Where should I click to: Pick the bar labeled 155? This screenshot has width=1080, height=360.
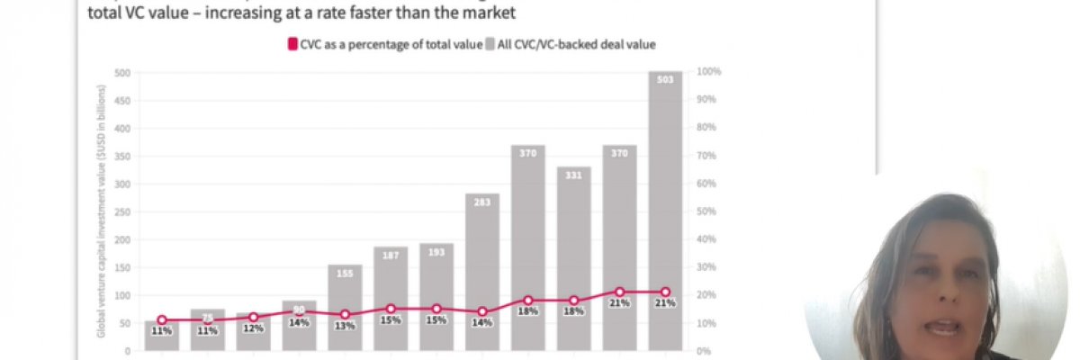tap(345, 297)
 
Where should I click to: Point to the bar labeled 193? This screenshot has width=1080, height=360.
tap(436, 279)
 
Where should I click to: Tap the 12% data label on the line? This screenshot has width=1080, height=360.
tap(254, 328)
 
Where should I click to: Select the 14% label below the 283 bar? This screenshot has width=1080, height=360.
tap(482, 322)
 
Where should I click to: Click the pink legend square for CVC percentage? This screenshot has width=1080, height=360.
tap(291, 43)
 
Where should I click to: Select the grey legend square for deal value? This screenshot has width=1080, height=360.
tap(490, 43)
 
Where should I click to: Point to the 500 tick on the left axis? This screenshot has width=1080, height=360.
tap(122, 72)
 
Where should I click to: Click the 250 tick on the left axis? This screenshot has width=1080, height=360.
tap(122, 211)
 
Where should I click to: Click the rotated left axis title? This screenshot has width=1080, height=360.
tap(103, 211)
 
